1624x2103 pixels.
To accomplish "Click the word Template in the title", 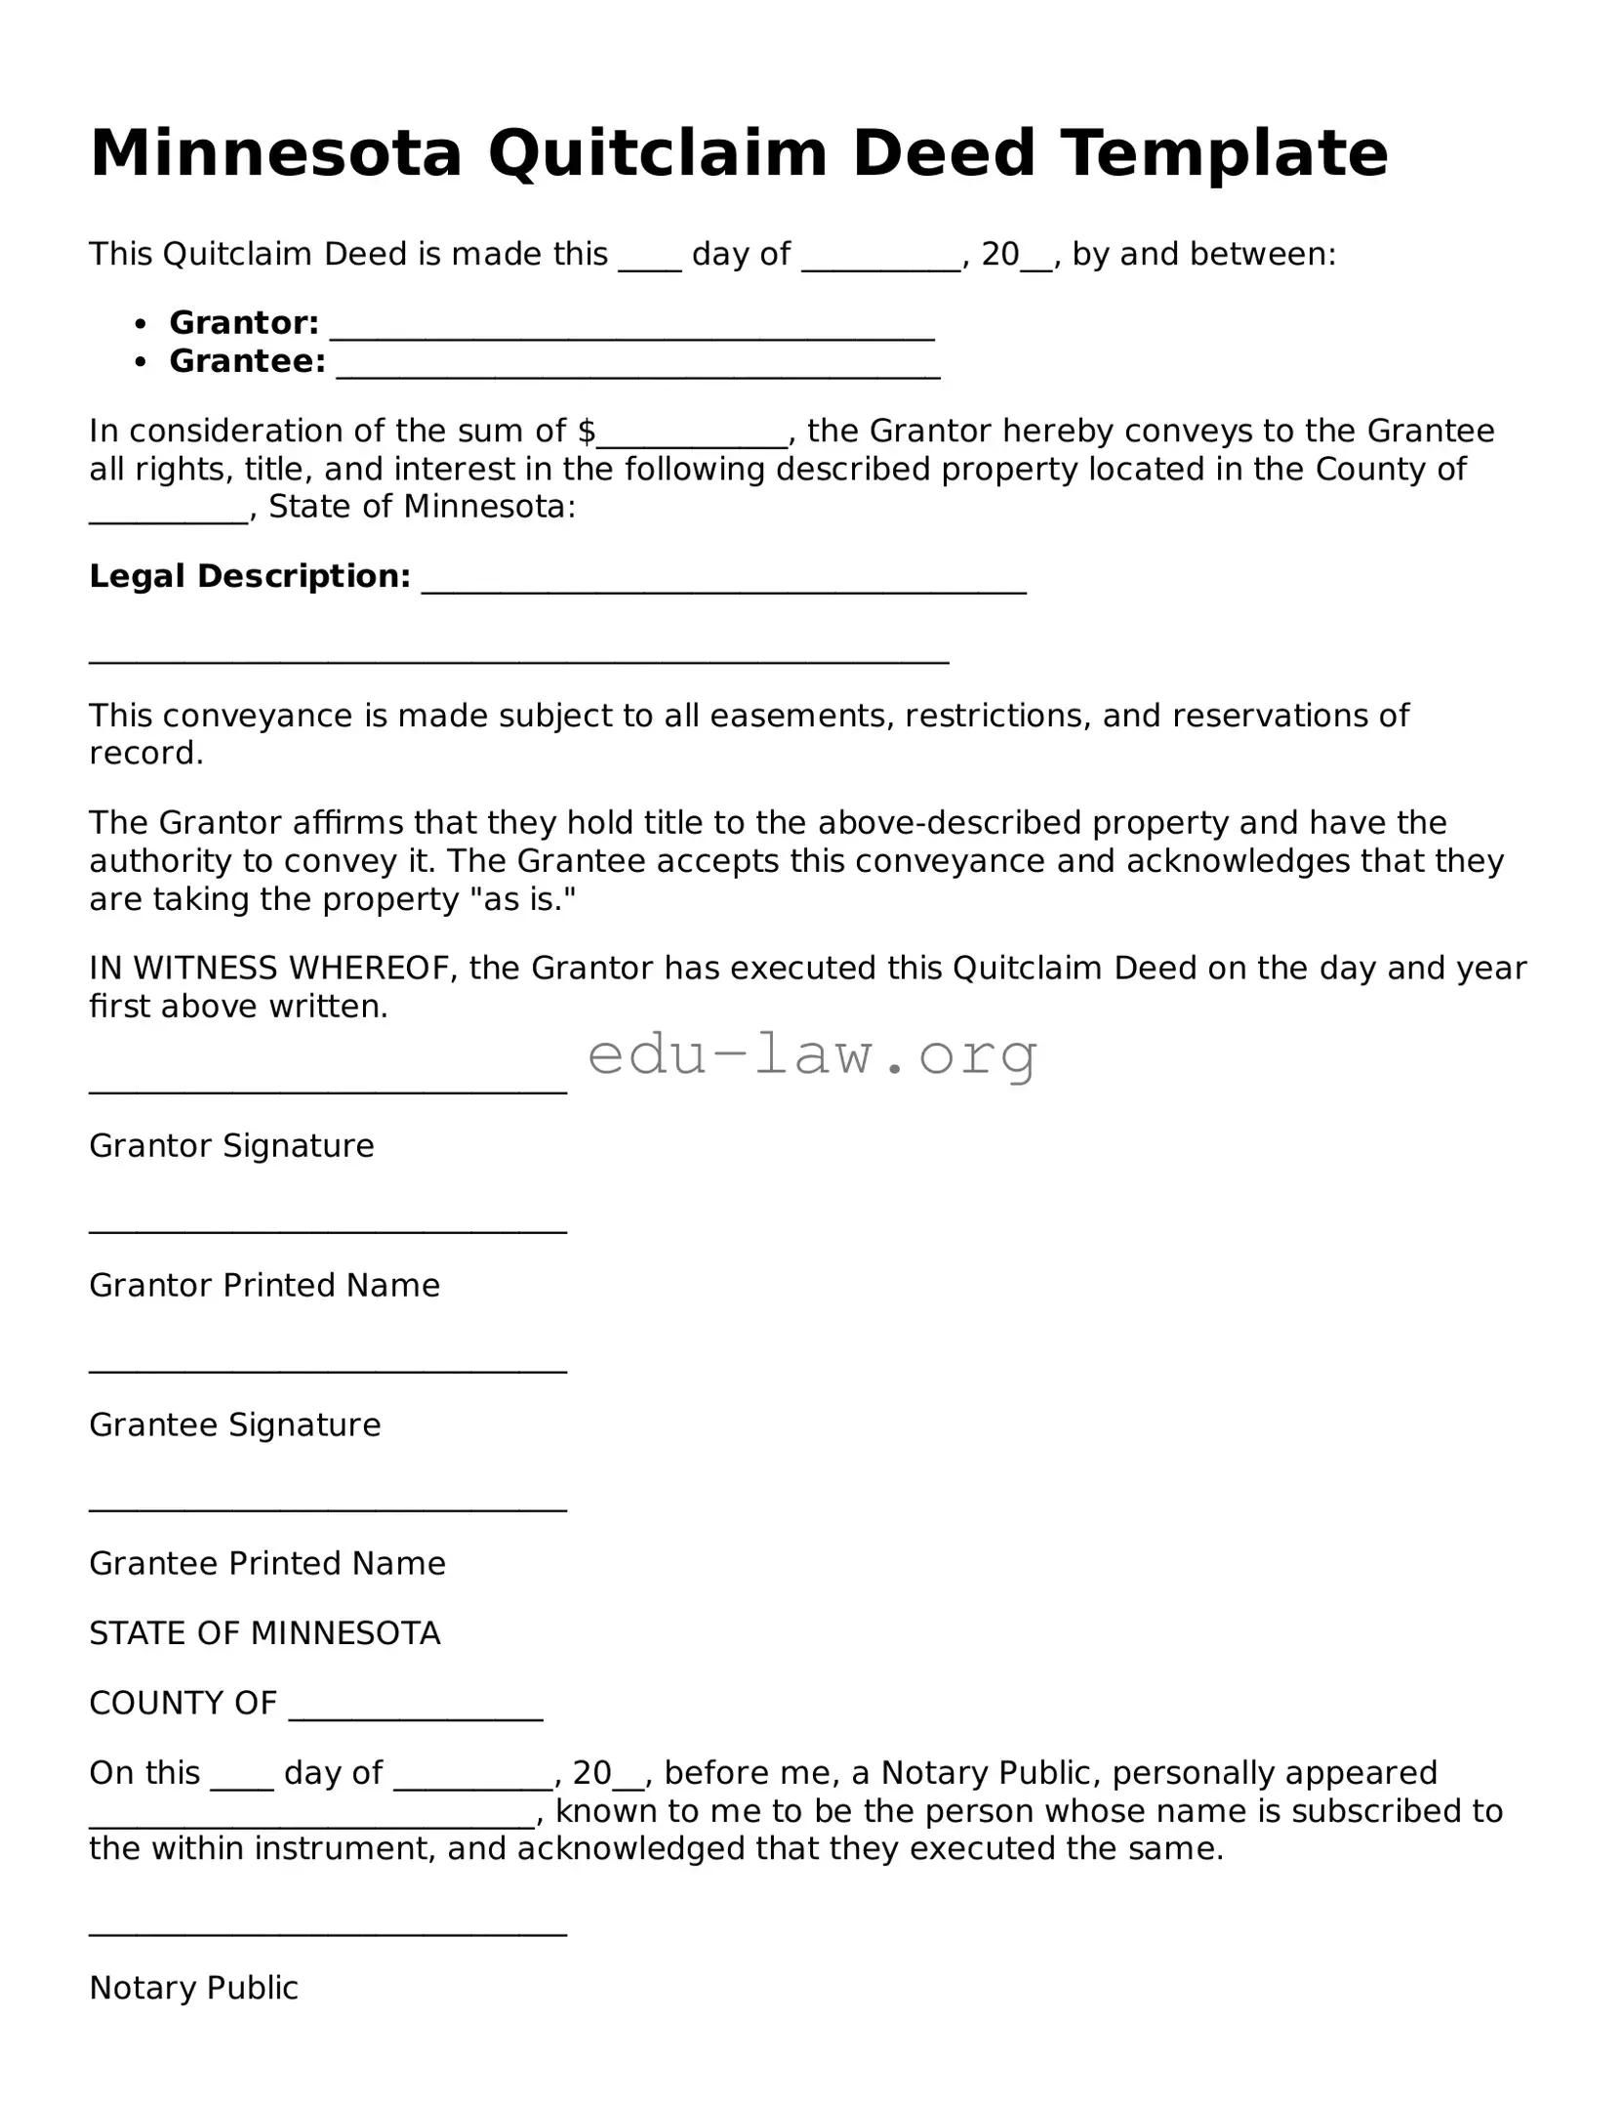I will (x=1224, y=154).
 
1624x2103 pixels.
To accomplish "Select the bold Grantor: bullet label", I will (x=244, y=322).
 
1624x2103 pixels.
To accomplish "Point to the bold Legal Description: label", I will (x=250, y=576).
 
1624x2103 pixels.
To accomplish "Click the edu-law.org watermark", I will (x=812, y=1055).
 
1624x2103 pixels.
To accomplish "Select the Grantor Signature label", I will (x=231, y=1145).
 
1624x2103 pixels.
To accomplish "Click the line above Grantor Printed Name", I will (x=328, y=1232).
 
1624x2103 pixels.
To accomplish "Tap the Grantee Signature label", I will (x=234, y=1424).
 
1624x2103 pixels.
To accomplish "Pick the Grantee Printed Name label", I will (x=267, y=1563).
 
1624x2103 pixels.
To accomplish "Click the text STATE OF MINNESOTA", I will (x=264, y=1633).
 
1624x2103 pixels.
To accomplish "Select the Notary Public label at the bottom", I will (x=193, y=1988).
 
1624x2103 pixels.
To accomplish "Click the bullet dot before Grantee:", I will (x=142, y=362).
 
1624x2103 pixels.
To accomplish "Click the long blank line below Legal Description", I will (x=518, y=661).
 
